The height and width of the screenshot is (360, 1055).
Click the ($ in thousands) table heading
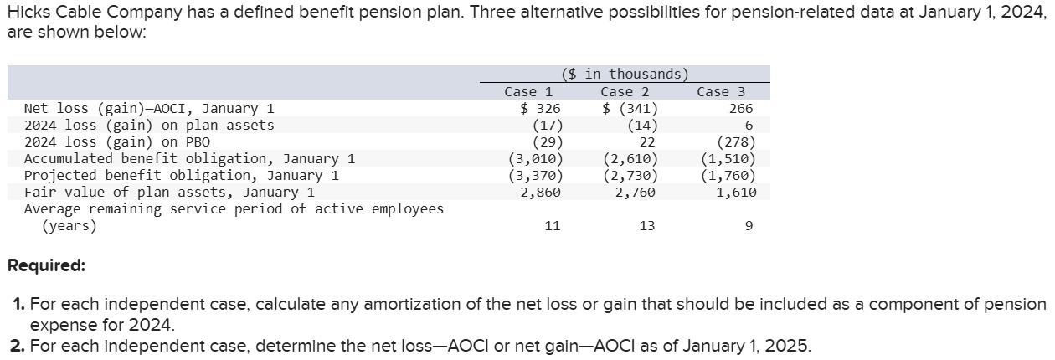[625, 75]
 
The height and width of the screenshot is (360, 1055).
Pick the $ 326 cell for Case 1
[540, 109]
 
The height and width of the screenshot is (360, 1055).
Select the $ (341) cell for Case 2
[630, 109]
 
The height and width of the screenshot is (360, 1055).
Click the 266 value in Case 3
[741, 109]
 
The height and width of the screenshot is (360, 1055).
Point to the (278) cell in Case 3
[737, 142]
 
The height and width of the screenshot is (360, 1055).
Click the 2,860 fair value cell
[540, 193]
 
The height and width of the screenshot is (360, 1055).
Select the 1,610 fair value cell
[737, 193]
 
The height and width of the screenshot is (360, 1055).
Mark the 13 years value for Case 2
[646, 226]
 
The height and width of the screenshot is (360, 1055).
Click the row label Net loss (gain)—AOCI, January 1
[149, 109]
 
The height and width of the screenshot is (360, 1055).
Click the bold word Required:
[46, 267]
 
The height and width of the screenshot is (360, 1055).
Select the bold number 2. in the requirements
[19, 345]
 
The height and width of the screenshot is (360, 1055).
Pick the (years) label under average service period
[69, 226]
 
